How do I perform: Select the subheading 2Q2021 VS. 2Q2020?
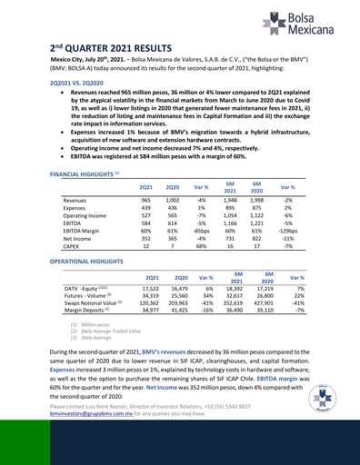coord(79,82)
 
